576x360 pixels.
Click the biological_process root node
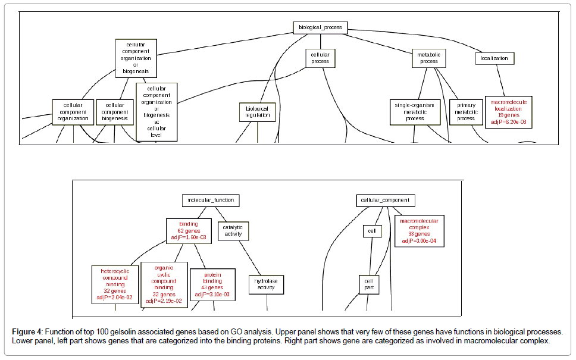(320, 27)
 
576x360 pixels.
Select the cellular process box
(320, 58)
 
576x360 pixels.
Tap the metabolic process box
(428, 58)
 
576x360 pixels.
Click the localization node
(495, 58)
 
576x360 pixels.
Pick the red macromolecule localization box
(508, 112)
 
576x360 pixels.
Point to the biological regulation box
(258, 112)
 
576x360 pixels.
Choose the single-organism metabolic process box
(415, 111)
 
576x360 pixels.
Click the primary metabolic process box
(466, 112)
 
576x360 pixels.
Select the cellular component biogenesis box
(114, 112)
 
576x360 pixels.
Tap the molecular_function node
(211, 201)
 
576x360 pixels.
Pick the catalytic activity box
(233, 231)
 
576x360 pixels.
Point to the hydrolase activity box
(266, 284)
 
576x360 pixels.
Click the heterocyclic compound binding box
(115, 284)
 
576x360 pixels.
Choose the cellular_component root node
(386, 201)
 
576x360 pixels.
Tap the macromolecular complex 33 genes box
(419, 231)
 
